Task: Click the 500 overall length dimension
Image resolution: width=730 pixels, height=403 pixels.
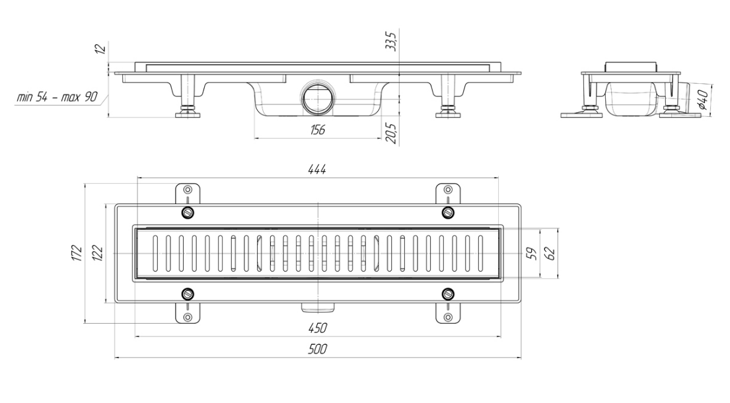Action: tap(318, 349)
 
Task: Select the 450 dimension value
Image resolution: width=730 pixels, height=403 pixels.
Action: tap(318, 328)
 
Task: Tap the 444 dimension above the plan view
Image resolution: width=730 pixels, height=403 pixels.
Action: tap(317, 169)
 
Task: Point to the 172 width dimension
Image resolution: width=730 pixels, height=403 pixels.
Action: tap(77, 253)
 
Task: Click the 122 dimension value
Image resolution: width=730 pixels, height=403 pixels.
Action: tap(98, 253)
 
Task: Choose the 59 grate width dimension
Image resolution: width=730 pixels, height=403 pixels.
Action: tap(532, 254)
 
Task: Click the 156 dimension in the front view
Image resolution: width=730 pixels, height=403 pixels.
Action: tap(318, 130)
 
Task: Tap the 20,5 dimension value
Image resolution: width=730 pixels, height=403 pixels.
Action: tap(391, 133)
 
